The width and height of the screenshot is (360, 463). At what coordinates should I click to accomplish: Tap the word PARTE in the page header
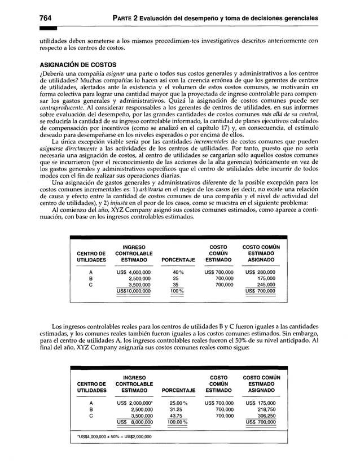click(x=129, y=18)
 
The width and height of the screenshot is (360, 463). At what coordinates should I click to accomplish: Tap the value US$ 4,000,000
click(x=133, y=271)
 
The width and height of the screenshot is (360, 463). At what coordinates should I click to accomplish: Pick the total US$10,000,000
click(x=133, y=291)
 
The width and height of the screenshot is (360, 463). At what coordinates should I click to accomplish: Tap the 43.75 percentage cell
click(x=178, y=417)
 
